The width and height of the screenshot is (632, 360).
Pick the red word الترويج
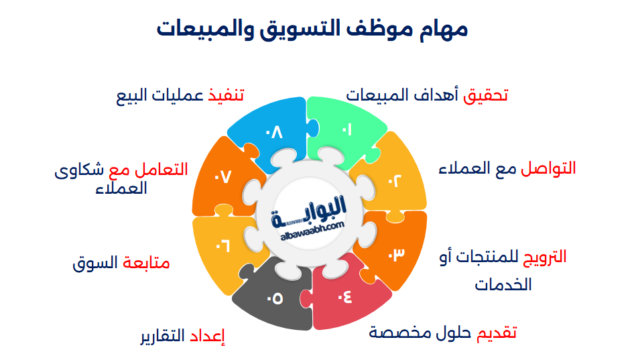544,257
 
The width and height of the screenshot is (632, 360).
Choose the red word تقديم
497,333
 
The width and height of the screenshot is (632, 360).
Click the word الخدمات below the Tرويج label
503,284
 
